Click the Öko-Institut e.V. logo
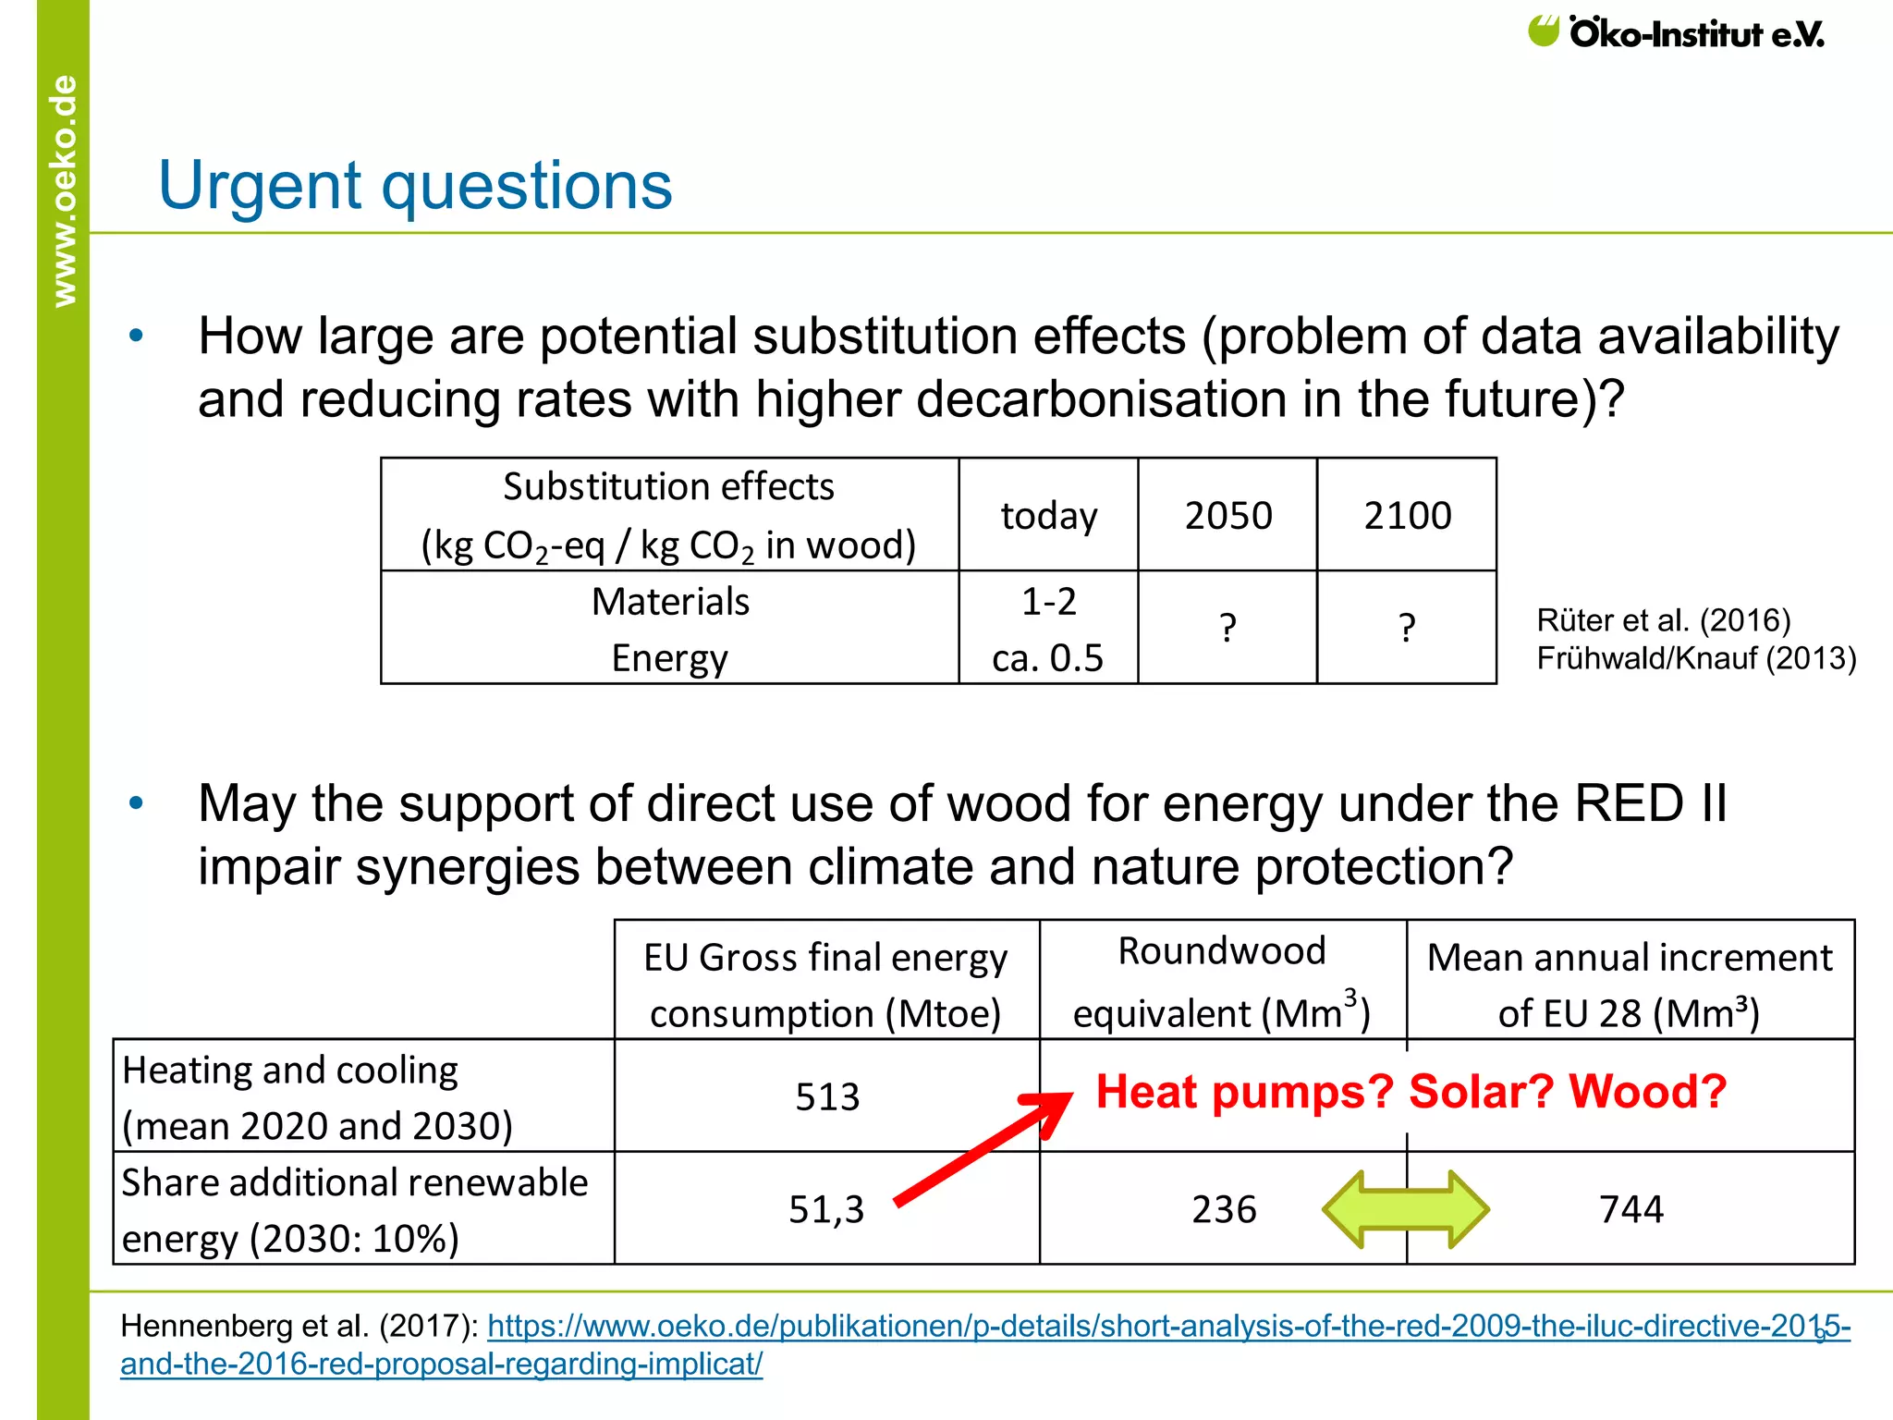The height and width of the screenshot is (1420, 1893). tap(1676, 33)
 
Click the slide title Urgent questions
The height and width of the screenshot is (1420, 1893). tap(415, 186)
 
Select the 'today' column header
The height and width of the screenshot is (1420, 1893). tap(1048, 515)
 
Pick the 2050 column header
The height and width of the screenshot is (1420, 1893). tap(1227, 515)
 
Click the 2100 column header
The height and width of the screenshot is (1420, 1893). tap(1407, 515)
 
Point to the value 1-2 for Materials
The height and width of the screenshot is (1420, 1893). tap(1048, 602)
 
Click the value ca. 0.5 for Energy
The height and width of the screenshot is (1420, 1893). tap(1047, 657)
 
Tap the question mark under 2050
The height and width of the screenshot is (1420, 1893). tap(1227, 629)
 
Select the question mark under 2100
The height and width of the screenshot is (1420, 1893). tap(1407, 629)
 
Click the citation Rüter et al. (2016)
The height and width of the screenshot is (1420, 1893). tap(1663, 619)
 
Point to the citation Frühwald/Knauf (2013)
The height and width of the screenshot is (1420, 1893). tap(1695, 658)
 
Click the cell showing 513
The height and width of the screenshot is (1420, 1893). tap(827, 1096)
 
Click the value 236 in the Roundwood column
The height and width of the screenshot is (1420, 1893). tap(1224, 1209)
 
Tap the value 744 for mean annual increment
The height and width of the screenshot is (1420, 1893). tap(1630, 1209)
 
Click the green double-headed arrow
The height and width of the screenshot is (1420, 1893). tap(1405, 1209)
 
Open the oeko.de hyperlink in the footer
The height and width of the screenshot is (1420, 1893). tap(983, 1327)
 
